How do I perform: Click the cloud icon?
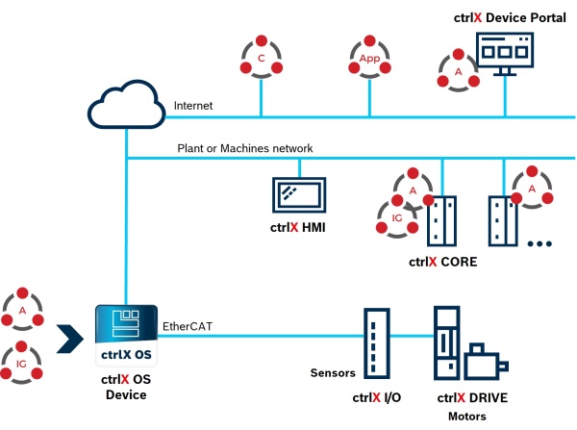[x=126, y=107]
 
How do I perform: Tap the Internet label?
[x=192, y=105]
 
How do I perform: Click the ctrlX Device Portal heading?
[x=510, y=18]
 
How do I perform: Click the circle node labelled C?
[x=261, y=59]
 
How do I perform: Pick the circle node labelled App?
[x=368, y=59]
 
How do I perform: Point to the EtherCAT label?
[x=187, y=326]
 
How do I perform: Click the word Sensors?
[x=334, y=372]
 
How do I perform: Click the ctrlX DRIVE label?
[x=472, y=398]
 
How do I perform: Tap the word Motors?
[x=468, y=417]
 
